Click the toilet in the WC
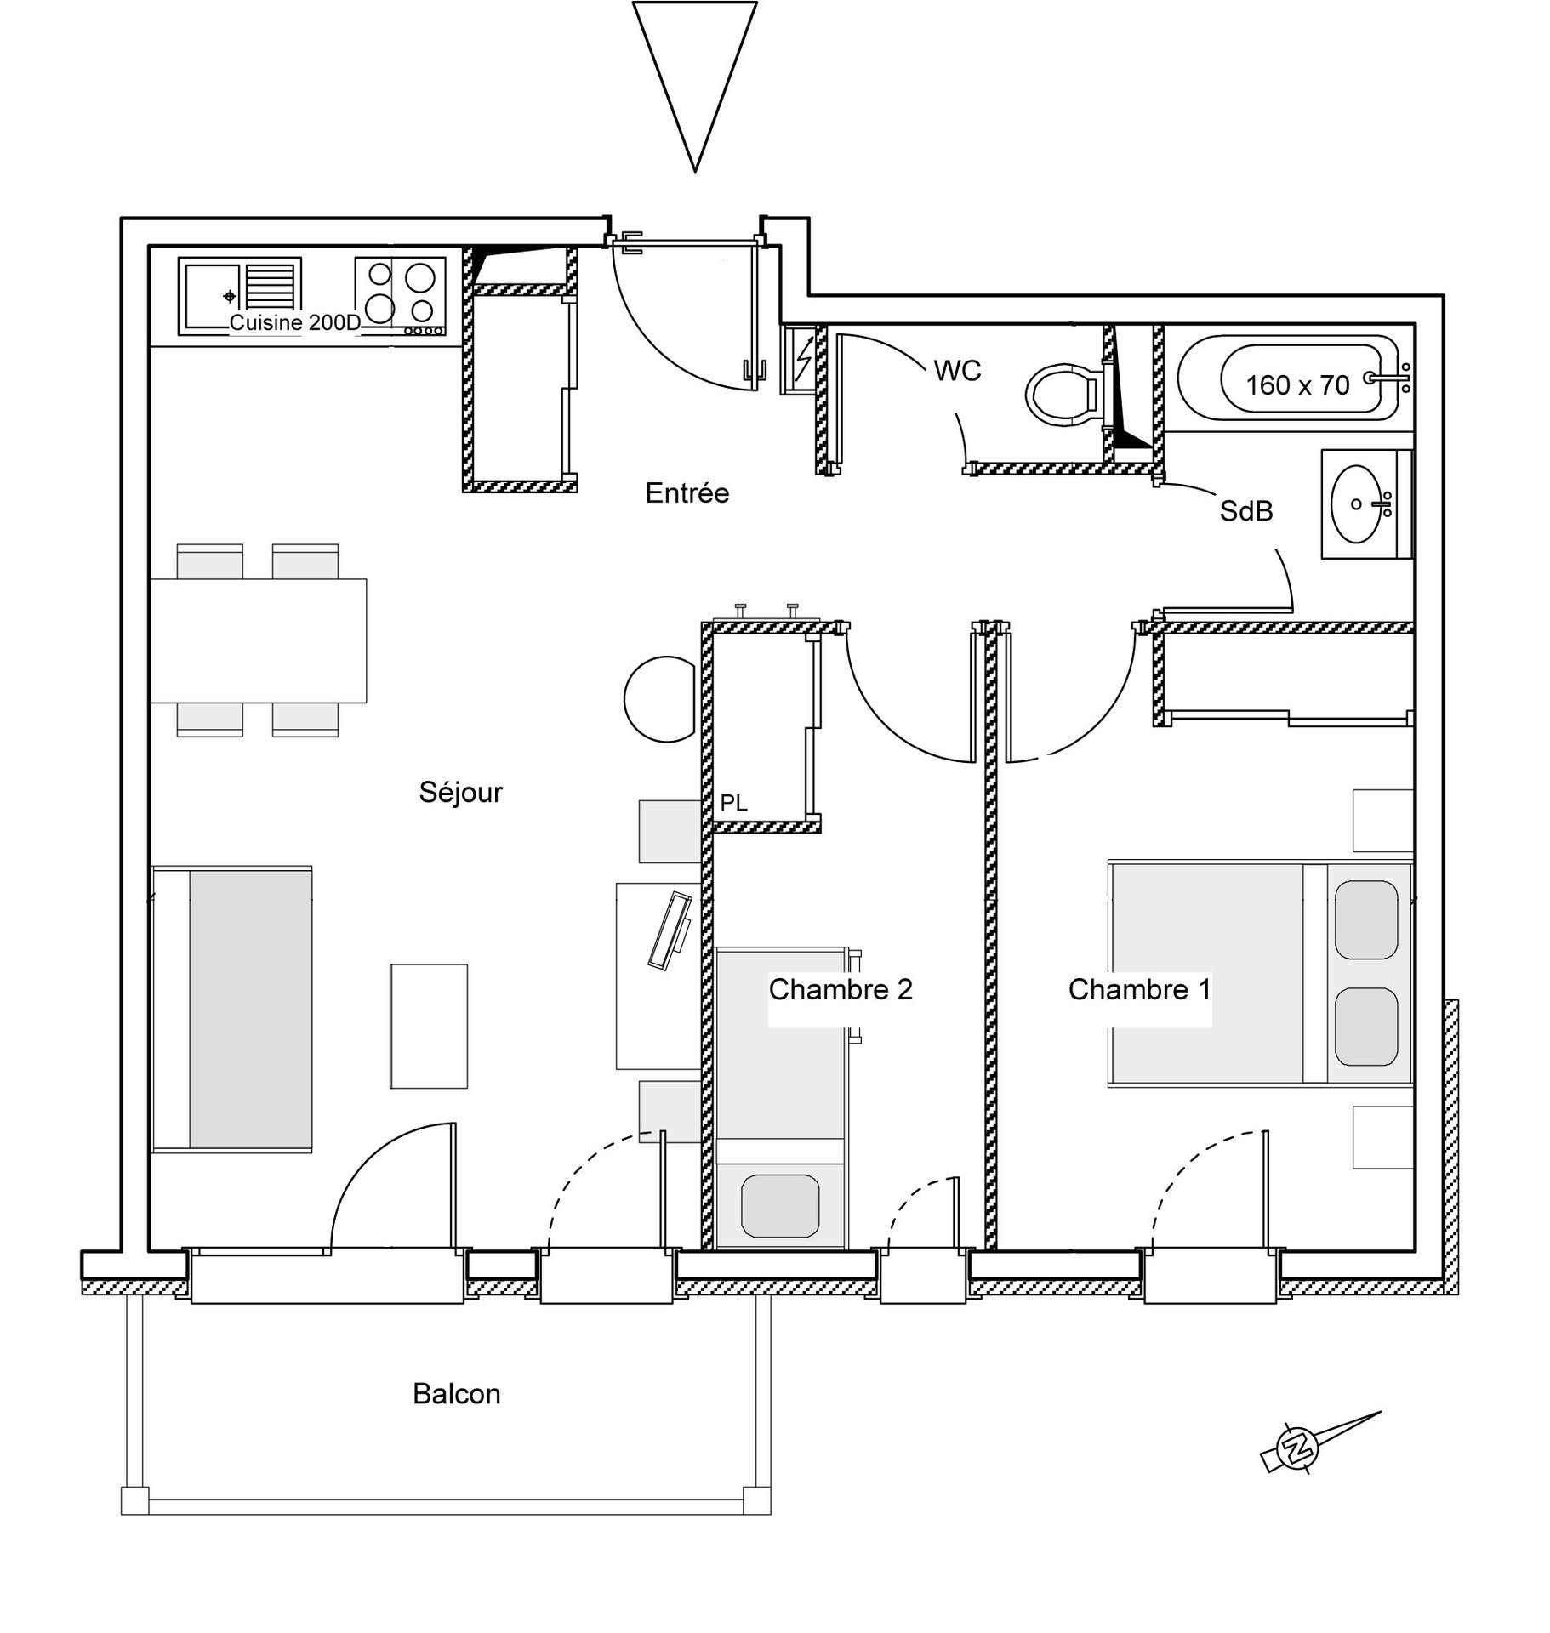[1064, 395]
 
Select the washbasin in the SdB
[1359, 504]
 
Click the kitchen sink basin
[211, 296]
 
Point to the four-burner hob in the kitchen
[400, 296]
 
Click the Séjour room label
[460, 792]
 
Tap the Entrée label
[687, 492]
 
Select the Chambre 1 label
[1139, 989]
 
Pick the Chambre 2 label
[841, 989]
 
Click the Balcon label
[457, 1394]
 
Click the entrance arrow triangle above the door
[694, 86]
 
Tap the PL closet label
[733, 803]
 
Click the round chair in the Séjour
[660, 699]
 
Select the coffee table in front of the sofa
[429, 1026]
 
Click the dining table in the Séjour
[259, 640]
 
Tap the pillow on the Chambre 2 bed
[780, 1205]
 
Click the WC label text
[957, 371]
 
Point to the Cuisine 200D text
[295, 322]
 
